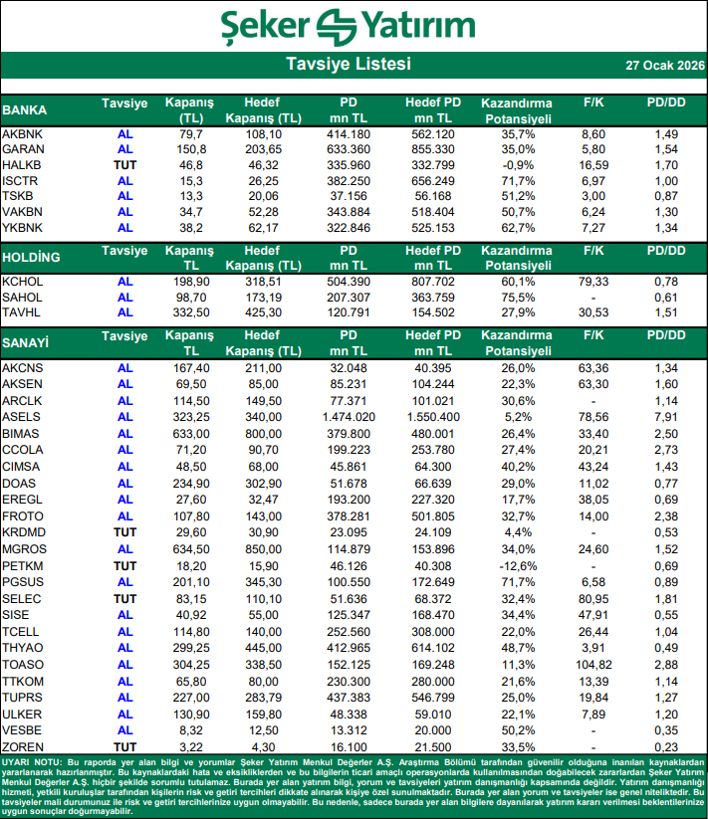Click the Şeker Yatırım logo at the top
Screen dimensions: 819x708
(354, 26)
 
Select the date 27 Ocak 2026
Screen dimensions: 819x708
(664, 66)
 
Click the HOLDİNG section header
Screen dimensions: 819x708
(32, 257)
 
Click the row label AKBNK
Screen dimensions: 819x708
(23, 134)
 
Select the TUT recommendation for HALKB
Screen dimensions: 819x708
(124, 165)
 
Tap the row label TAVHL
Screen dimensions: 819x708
(22, 313)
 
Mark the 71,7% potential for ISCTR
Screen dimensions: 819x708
(516, 181)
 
